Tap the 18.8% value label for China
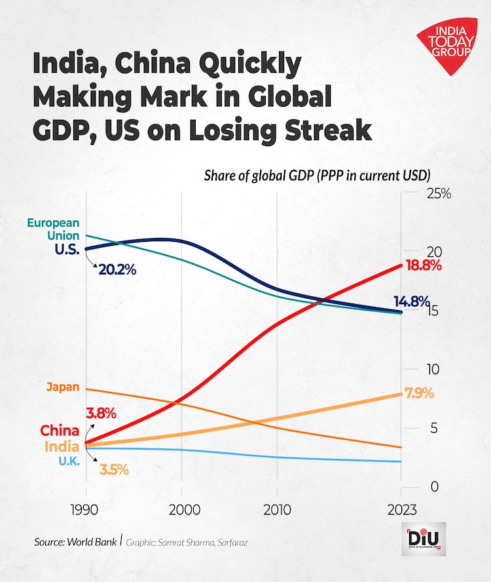tap(423, 266)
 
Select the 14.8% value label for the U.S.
tap(411, 302)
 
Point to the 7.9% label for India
tap(420, 395)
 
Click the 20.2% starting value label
tap(118, 269)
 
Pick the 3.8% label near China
tap(100, 414)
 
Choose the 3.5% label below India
tap(113, 470)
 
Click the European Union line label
tap(53, 229)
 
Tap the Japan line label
tap(63, 387)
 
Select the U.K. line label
tap(68, 461)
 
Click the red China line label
tap(60, 431)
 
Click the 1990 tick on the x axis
tap(86, 511)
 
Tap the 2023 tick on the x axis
tap(401, 511)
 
